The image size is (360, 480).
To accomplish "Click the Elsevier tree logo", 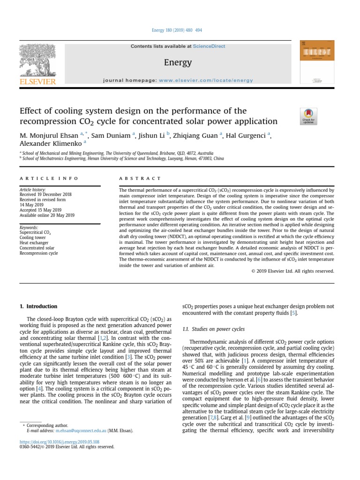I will click(x=38, y=60).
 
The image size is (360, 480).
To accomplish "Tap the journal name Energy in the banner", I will click(x=178, y=62).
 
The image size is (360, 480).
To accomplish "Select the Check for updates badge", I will click(x=308, y=117).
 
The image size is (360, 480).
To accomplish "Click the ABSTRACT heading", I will click(x=140, y=179).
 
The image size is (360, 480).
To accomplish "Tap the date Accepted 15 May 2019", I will click(x=40, y=210).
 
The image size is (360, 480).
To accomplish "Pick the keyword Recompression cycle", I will click(x=38, y=253).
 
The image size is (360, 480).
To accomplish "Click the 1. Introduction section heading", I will click(x=38, y=307).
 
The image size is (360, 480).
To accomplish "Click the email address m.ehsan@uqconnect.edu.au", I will click(x=81, y=430).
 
